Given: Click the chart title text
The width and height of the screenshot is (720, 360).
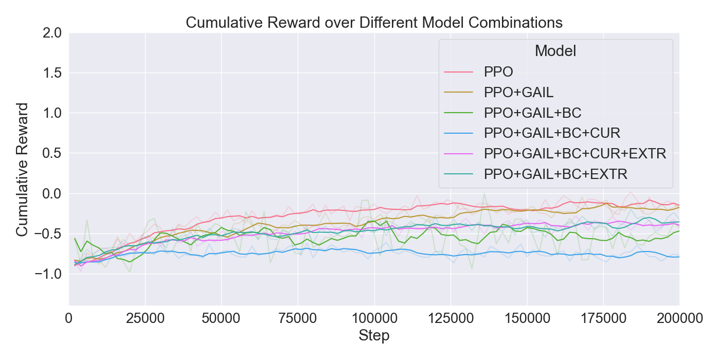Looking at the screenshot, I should click(374, 23).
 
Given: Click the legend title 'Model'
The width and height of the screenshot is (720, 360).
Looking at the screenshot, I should click(555, 51).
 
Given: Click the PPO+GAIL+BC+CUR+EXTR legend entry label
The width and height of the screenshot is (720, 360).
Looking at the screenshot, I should click(575, 154).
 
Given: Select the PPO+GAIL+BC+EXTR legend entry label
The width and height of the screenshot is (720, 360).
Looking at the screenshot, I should click(555, 174).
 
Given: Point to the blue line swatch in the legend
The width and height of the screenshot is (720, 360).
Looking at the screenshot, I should click(460, 133).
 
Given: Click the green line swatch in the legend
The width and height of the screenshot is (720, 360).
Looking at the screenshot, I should click(460, 113).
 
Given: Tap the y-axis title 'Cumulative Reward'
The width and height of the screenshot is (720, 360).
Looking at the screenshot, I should click(22, 169).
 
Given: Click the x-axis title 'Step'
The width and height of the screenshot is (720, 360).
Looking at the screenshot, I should click(374, 336).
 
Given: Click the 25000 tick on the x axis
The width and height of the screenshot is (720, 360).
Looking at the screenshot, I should click(145, 319).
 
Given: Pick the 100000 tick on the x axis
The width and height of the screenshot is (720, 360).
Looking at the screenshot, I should click(374, 319).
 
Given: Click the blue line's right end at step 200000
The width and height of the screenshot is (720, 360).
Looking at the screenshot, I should click(679, 257).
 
